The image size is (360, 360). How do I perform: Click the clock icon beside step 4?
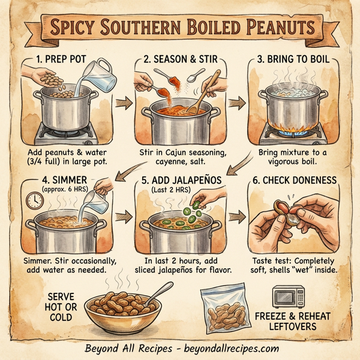pyautogui.click(x=33, y=200)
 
